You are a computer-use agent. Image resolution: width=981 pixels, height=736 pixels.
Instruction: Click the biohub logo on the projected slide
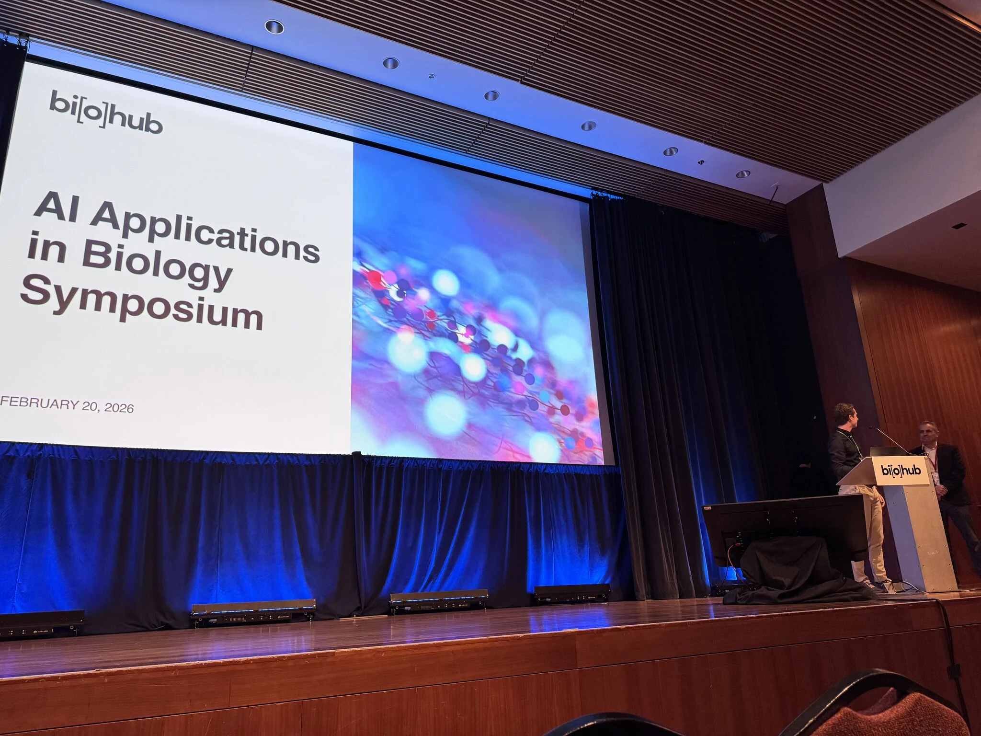106,111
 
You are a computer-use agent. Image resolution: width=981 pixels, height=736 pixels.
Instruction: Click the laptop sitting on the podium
885,452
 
